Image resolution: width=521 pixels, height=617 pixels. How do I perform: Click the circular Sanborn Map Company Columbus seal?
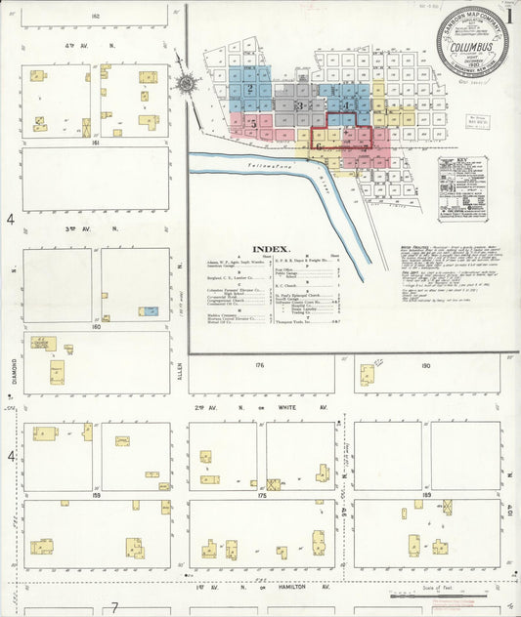coord(472,41)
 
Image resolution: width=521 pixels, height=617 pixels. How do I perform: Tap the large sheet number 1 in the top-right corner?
coord(511,14)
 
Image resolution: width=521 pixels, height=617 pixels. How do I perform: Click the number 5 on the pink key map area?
coord(253,124)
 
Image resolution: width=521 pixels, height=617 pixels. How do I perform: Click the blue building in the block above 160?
coord(149,311)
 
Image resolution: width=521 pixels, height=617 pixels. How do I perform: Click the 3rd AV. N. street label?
coord(94,229)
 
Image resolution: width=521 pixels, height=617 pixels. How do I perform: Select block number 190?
coord(425,364)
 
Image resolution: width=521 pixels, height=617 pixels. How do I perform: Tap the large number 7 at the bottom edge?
coord(114,607)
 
